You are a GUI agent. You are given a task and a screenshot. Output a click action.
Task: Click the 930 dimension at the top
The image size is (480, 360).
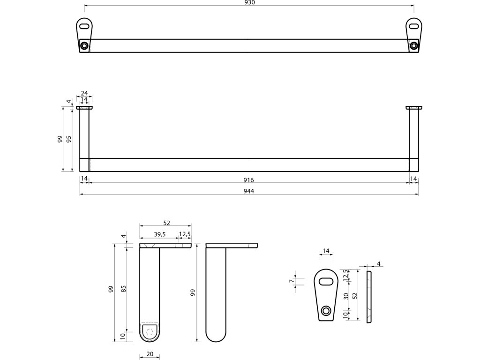coord(249,2)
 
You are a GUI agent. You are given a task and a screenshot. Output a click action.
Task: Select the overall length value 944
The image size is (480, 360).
coord(249,190)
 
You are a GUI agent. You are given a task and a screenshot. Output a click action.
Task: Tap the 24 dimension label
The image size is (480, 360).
coord(84,93)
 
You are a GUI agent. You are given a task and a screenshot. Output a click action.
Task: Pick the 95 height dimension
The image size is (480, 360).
coord(69,139)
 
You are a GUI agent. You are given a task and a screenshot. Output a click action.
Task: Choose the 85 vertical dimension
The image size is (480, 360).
coord(124,289)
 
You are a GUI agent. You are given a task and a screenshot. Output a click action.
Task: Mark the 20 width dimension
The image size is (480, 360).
coord(150,354)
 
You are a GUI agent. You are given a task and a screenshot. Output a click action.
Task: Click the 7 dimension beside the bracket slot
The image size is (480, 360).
coord(291,281)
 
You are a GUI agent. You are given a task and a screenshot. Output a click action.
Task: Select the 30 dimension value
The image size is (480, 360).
coord(345,296)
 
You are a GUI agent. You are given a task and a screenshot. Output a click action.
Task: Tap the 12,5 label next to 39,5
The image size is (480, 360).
coord(185,234)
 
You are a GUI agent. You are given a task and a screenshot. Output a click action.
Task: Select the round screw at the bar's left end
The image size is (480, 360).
coord(84,45)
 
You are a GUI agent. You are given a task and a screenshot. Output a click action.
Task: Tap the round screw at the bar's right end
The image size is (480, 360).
coord(413,45)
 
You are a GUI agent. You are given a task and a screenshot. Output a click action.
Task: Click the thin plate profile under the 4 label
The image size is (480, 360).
coord(368,296)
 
